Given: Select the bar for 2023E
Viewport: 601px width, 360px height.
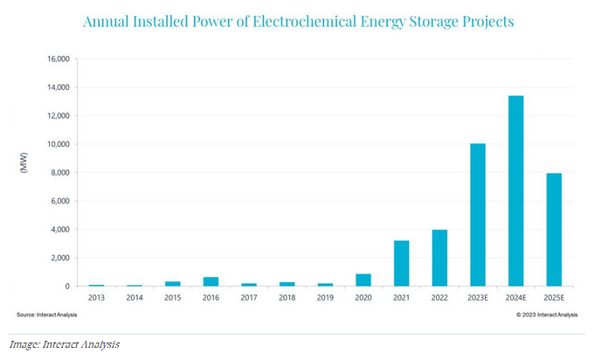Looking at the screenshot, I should (478, 215).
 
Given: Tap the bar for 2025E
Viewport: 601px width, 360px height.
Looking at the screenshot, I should (554, 230).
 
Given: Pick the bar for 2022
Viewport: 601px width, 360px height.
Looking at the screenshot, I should (439, 258).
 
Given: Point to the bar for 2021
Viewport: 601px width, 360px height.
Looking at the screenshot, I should (401, 263).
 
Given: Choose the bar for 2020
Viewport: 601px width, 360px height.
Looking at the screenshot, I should (363, 280).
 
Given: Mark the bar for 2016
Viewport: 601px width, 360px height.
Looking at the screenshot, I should (211, 281).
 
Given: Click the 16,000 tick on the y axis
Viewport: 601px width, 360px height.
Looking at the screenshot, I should (58, 59).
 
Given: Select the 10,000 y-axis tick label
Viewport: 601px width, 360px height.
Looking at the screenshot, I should (58, 144).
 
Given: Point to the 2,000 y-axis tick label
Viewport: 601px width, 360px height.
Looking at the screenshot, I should (60, 258).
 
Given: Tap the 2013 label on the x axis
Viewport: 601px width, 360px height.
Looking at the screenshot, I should (96, 297).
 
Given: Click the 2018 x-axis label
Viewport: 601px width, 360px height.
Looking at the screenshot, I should (287, 297).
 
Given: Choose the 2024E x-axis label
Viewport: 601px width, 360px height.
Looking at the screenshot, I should (516, 297).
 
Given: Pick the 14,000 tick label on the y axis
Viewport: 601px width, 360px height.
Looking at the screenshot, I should (58, 87).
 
